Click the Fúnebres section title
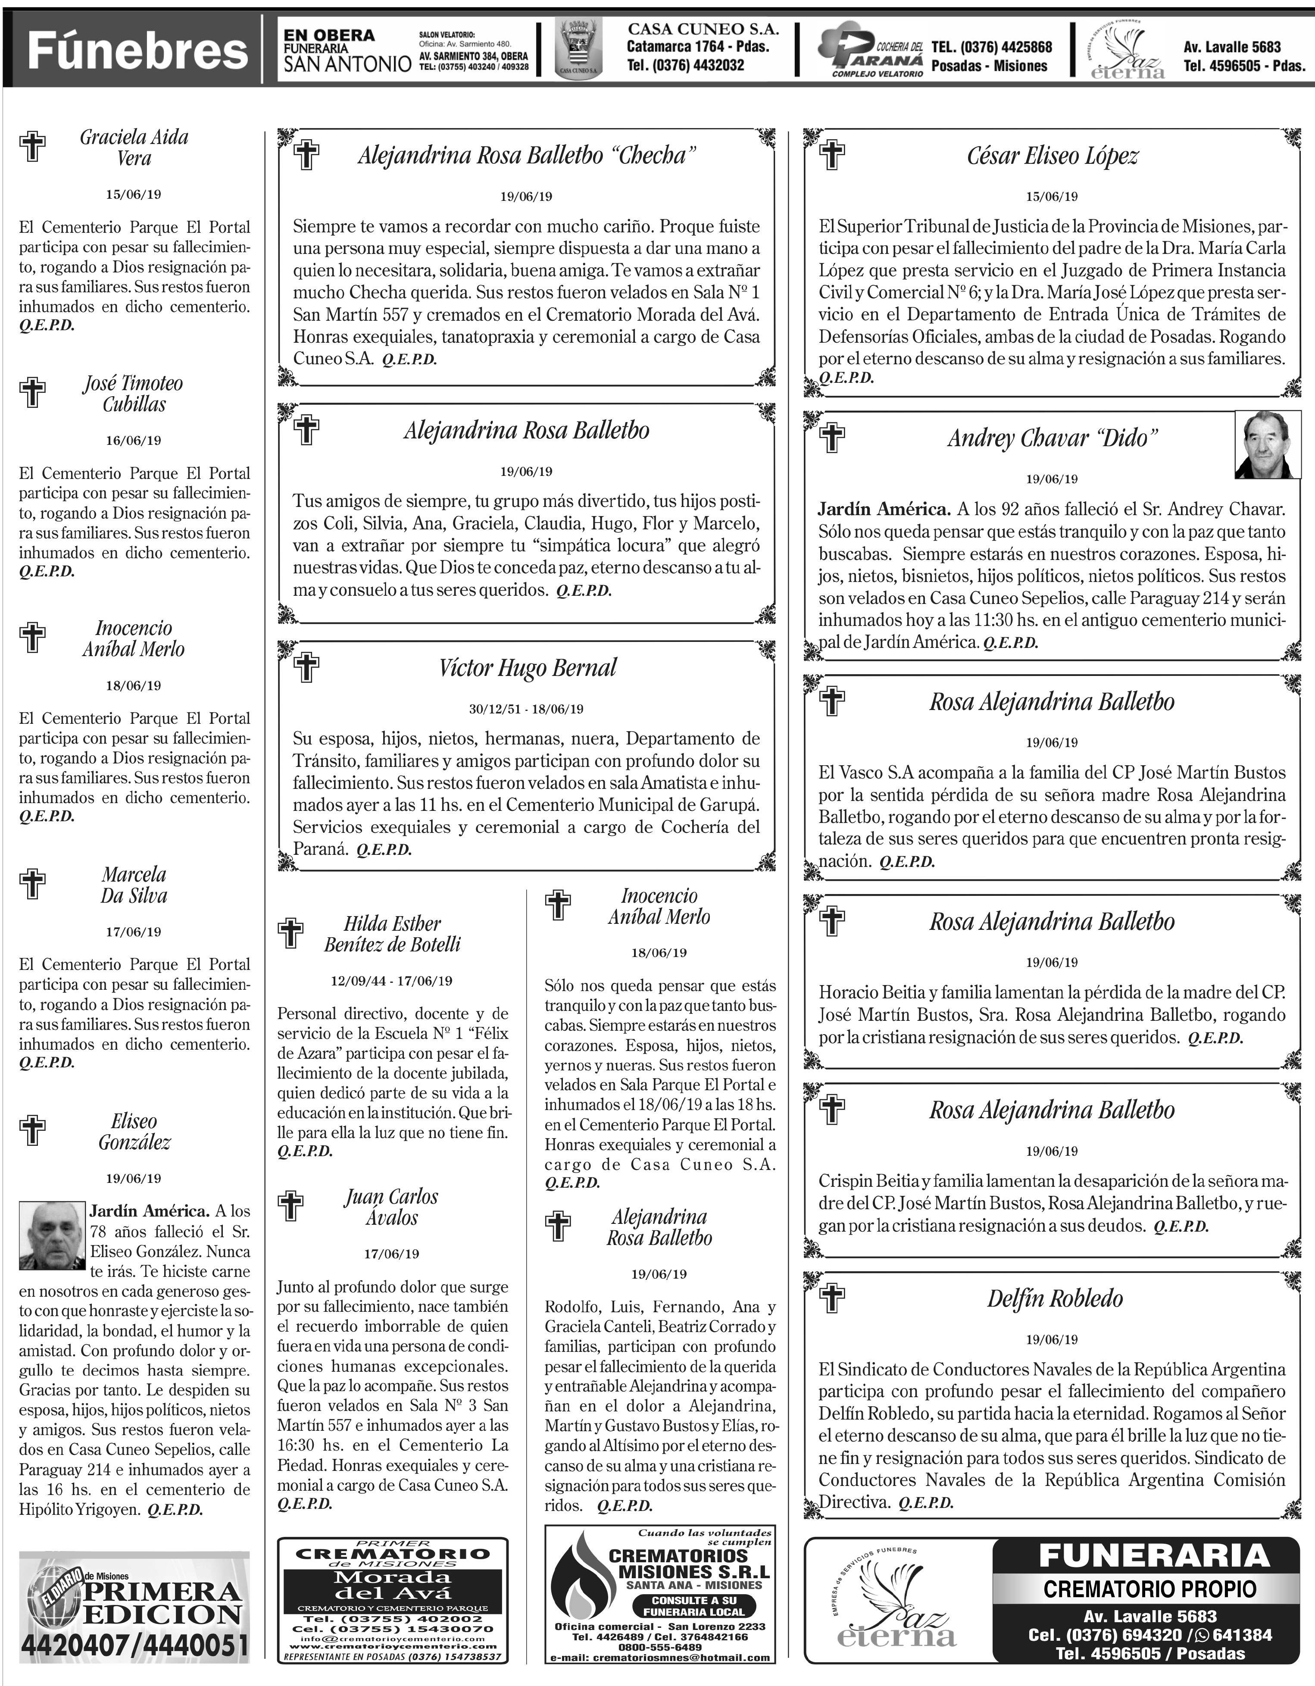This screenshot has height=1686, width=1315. tap(138, 51)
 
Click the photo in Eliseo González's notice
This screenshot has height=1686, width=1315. tap(52, 1236)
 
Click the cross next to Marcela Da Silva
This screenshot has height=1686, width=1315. tap(32, 884)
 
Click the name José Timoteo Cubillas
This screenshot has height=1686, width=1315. tap(134, 394)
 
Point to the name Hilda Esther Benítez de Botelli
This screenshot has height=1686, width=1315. tap(392, 934)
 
